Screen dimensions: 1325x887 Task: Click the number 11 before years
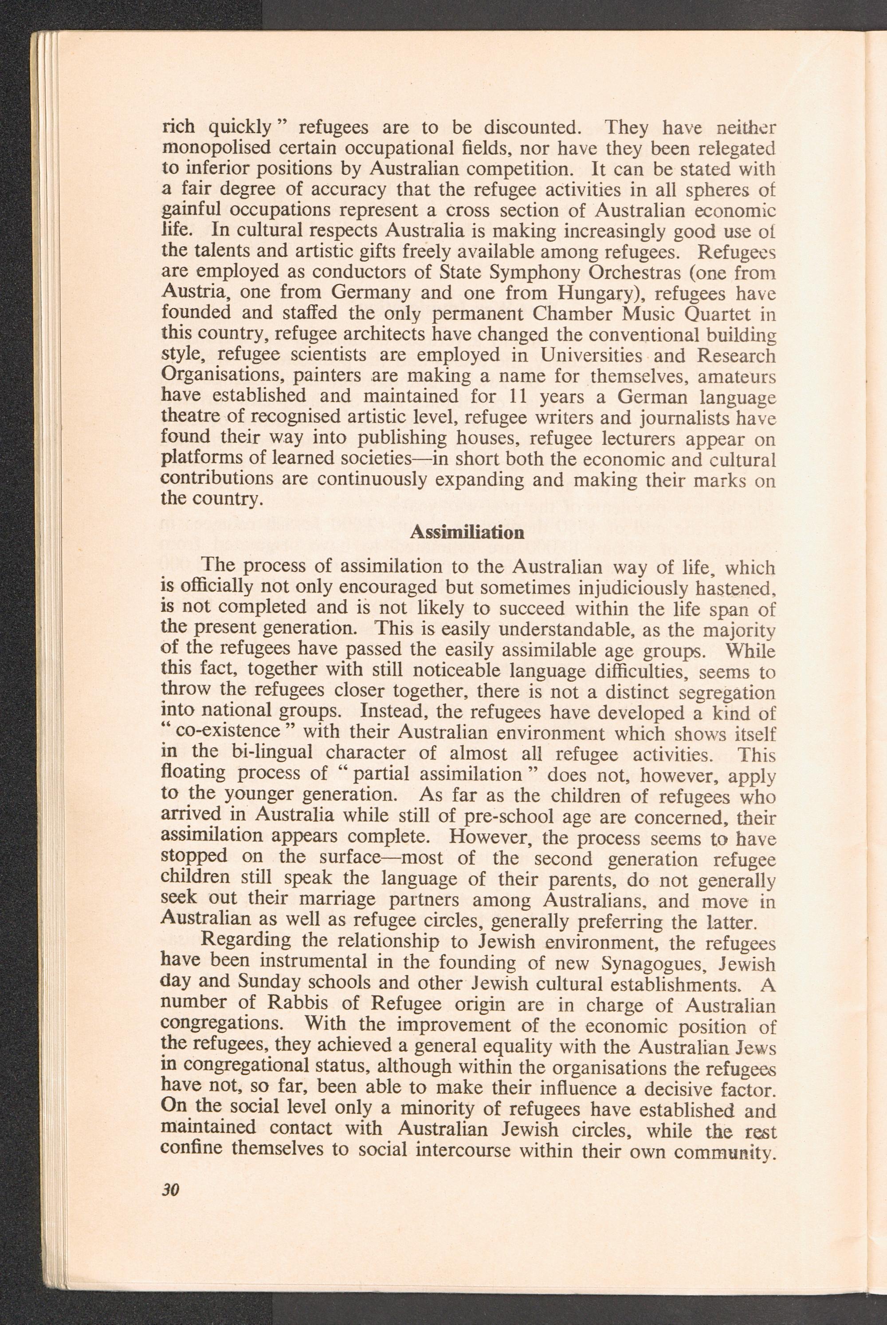point(518,397)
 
